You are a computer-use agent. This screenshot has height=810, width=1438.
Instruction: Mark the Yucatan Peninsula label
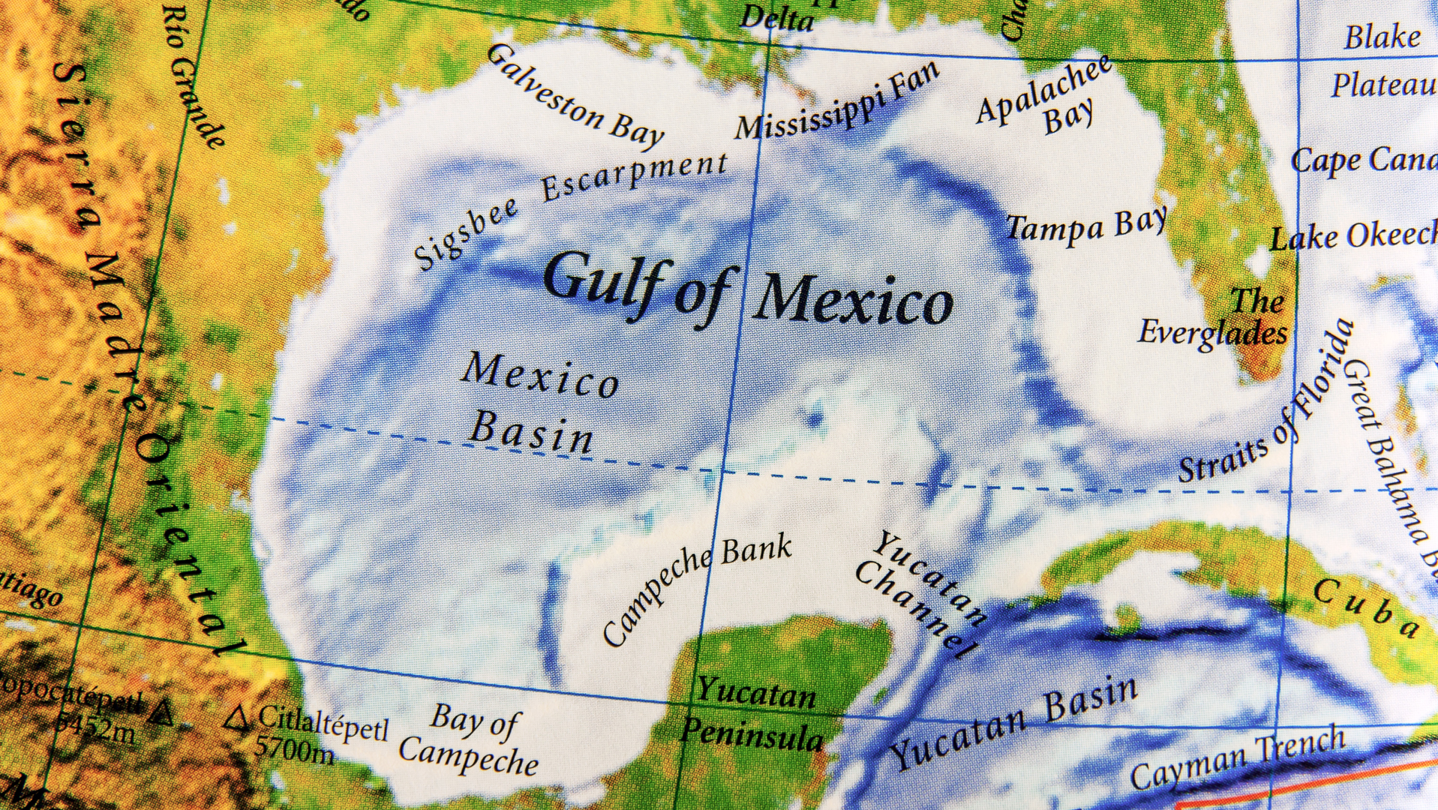tap(754, 712)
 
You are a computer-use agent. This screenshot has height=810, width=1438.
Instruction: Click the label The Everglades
tap(1215, 319)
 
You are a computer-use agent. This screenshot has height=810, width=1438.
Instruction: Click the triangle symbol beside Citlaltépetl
tap(238, 718)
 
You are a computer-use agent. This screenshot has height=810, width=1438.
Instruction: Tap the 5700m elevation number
tap(294, 747)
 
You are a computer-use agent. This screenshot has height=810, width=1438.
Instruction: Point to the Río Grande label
tap(194, 75)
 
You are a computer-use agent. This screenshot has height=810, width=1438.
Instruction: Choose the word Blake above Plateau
tap(1382, 37)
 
